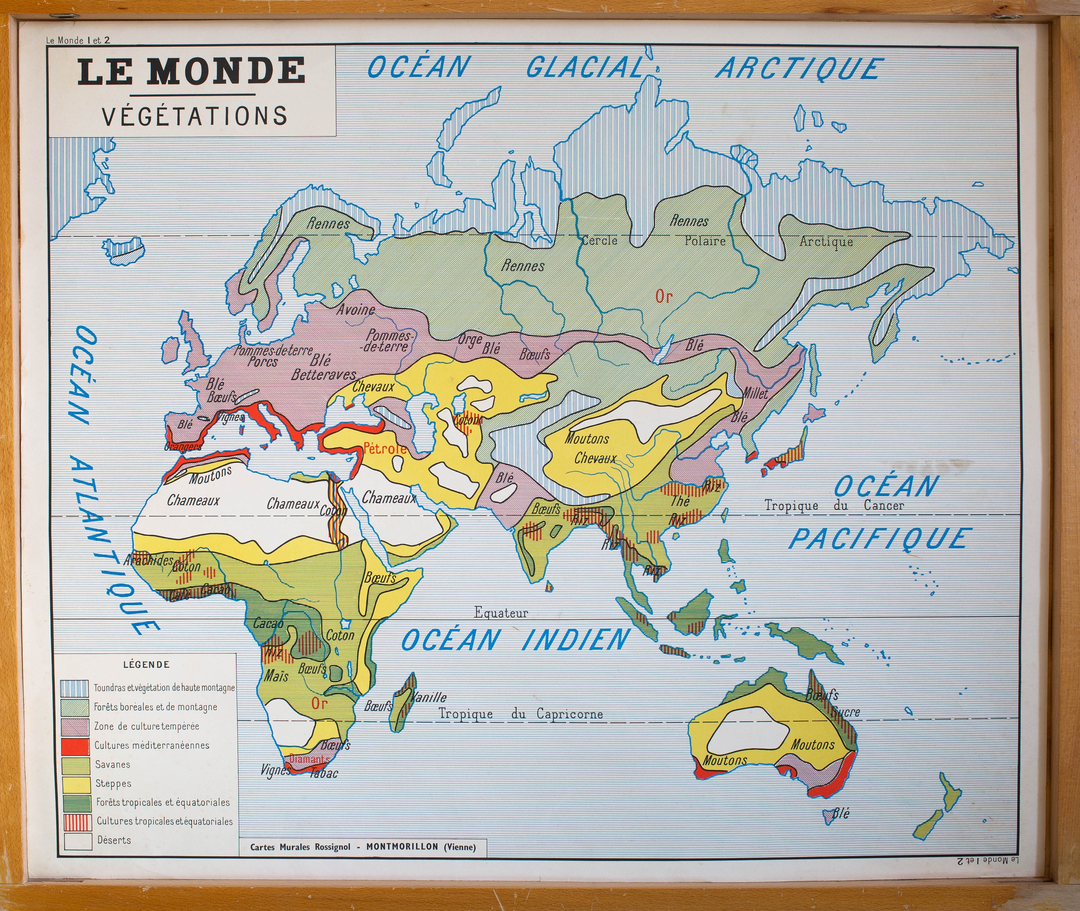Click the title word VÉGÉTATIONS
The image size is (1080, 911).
(x=194, y=116)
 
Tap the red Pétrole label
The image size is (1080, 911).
(x=385, y=448)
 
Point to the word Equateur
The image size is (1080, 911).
(x=501, y=613)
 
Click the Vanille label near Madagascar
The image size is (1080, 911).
(x=428, y=697)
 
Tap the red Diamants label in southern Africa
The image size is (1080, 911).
(x=309, y=759)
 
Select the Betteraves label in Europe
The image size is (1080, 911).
(x=324, y=375)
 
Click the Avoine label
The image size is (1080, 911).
(x=356, y=310)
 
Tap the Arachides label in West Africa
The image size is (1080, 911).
(x=148, y=560)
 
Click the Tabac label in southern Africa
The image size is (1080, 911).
(x=324, y=773)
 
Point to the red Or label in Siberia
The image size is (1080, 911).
(x=663, y=296)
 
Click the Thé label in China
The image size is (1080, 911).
(x=680, y=500)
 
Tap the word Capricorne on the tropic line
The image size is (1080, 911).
(x=570, y=714)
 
